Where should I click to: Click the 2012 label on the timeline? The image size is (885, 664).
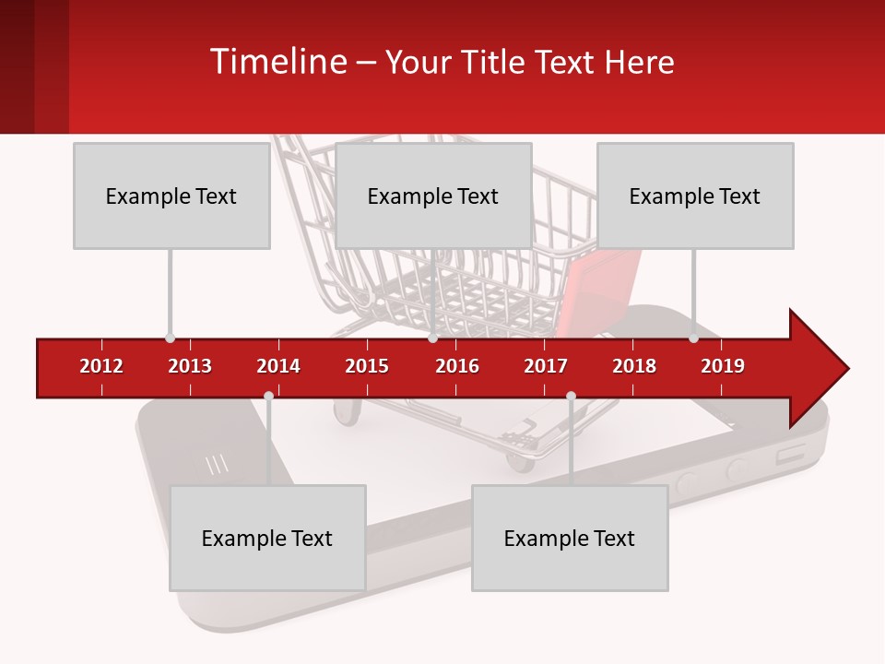[x=101, y=366]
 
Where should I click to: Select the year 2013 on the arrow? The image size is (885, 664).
[x=190, y=366]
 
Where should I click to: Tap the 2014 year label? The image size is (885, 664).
[x=278, y=366]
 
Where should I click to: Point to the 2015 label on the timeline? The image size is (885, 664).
[x=367, y=366]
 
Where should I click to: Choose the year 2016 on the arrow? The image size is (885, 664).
[x=457, y=366]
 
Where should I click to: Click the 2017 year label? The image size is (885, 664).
[x=546, y=366]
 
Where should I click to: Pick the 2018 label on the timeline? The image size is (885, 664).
[x=634, y=366]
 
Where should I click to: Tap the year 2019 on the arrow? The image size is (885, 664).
[x=723, y=366]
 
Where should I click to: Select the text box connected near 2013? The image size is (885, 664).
[x=171, y=196]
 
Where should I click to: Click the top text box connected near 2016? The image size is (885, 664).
[x=433, y=196]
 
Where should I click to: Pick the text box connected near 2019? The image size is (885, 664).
[x=695, y=196]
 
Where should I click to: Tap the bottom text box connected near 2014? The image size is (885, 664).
[x=267, y=538]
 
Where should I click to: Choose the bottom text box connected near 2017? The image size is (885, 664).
[x=570, y=538]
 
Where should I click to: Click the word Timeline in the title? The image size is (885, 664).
[x=277, y=62]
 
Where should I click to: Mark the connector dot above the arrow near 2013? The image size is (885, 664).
[x=170, y=338]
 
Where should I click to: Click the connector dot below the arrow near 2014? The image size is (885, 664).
[x=268, y=397]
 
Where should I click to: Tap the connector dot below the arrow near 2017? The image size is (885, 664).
[x=571, y=397]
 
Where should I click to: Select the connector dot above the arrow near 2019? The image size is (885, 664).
[x=693, y=338]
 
